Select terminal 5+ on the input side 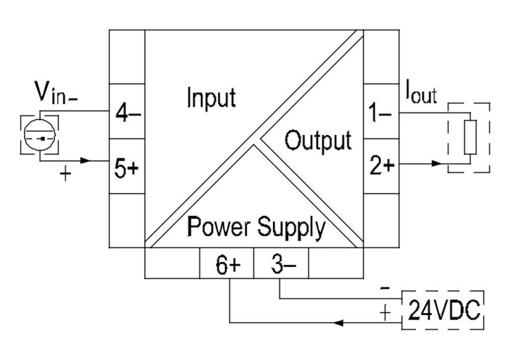[x=127, y=168]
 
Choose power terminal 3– [x=280, y=265]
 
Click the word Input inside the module [x=211, y=98]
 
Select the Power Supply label [x=256, y=227]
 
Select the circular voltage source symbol [x=40, y=134]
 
